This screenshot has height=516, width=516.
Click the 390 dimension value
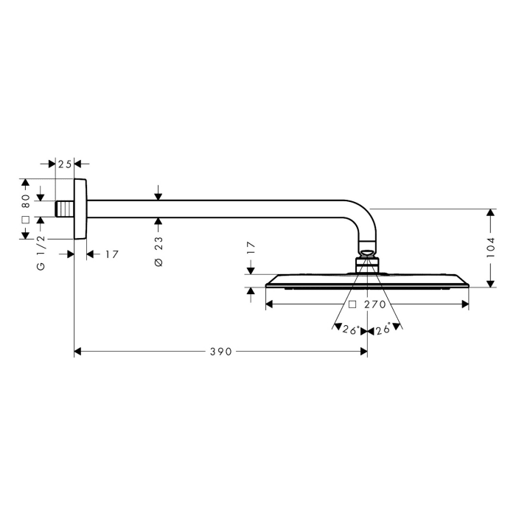220,352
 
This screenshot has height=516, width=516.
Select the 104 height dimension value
491,248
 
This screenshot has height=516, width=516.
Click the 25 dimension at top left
65,164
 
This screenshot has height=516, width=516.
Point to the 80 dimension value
25,198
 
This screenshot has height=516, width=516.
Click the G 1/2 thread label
41,252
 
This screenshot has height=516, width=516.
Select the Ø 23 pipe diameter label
158,251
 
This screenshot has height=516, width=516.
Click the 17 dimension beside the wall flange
111,254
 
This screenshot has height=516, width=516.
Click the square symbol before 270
352,304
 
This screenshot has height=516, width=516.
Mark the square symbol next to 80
25,220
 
